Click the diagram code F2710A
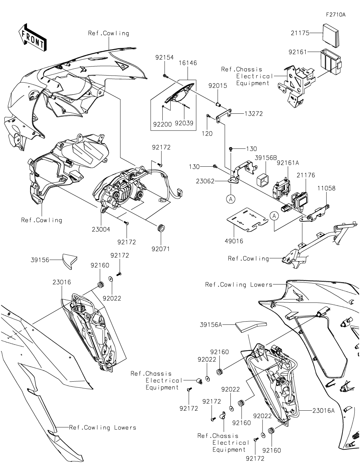tap(336, 15)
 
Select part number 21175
tap(300, 33)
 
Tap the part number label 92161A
tap(288, 163)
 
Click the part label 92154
tap(164, 57)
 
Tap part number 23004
tap(101, 229)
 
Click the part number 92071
tap(161, 249)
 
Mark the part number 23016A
tap(323, 411)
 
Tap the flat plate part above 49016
tap(247, 220)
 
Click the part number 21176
tap(306, 175)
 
